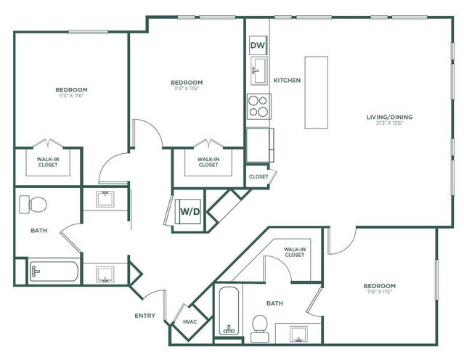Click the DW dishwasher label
[258, 46]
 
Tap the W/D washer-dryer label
[191, 211]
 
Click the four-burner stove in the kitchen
[258, 106]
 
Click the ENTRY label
[145, 316]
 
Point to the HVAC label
[190, 322]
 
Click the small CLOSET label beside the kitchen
[259, 176]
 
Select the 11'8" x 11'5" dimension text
[380, 292]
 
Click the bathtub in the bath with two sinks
[54, 273]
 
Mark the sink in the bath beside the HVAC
[298, 334]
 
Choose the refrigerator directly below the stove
[259, 144]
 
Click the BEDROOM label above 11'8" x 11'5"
[380, 286]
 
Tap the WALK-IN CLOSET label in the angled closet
[294, 252]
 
